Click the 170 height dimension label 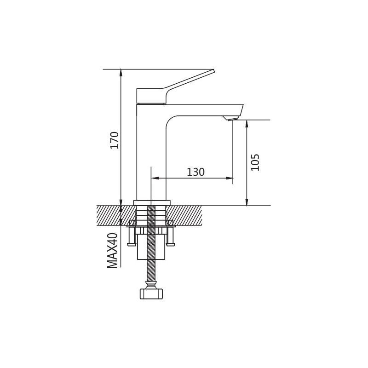(115, 140)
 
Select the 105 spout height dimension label (255, 162)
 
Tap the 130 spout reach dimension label (195, 172)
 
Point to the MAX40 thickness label (112, 250)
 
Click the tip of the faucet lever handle (214, 70)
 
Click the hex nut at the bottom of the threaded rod (151, 294)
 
